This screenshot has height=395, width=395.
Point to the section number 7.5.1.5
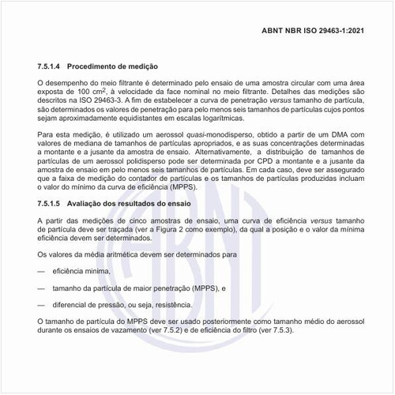coord(52,204)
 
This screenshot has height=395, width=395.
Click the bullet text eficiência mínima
coord(81,271)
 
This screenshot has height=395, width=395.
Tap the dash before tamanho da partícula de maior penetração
coord(40,288)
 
